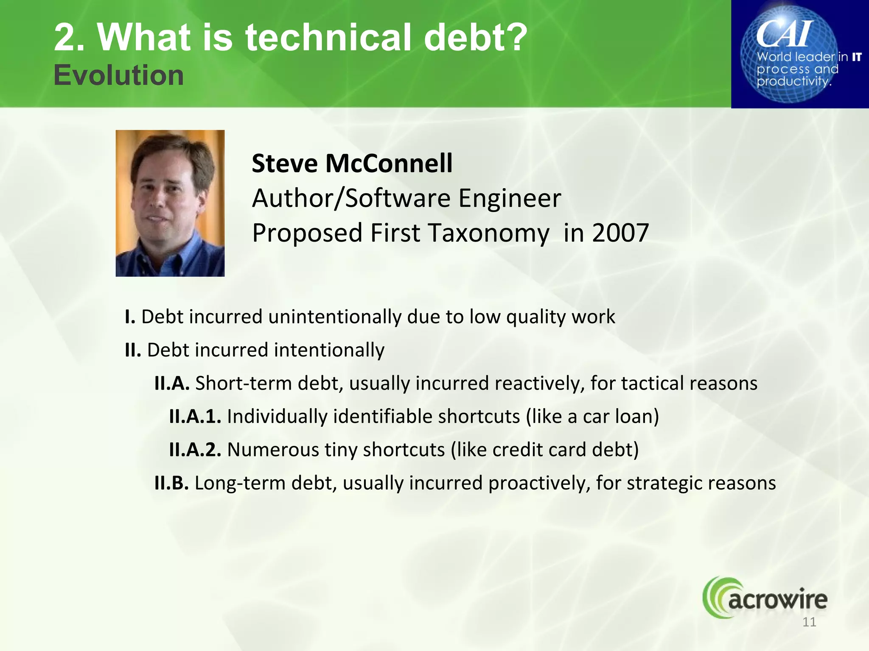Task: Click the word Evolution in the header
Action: pos(118,75)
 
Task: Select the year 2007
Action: pos(620,233)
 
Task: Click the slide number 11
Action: pos(809,622)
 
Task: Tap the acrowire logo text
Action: pos(777,599)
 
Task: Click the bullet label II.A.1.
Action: pos(195,416)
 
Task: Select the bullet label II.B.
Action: pos(171,483)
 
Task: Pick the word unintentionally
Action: pos(334,317)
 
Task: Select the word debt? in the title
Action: pos(475,37)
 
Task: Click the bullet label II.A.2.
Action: pos(195,450)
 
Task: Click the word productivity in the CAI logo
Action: pos(793,81)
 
